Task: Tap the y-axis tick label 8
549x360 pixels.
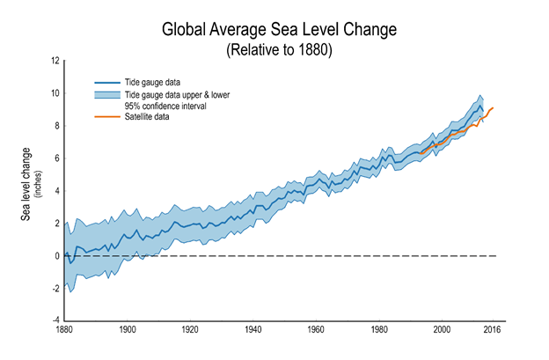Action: tap(55, 126)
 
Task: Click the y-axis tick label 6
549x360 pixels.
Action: tap(55, 158)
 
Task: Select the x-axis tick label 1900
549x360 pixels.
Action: tap(128, 330)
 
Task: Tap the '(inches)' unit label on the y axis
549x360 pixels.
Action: tap(40, 181)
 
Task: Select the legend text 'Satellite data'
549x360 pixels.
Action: tap(150, 116)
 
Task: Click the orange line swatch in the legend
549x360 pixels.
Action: tap(107, 116)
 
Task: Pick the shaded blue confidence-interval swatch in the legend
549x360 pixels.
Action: tap(107, 93)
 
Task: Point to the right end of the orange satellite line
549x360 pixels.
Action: tap(493, 107)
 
